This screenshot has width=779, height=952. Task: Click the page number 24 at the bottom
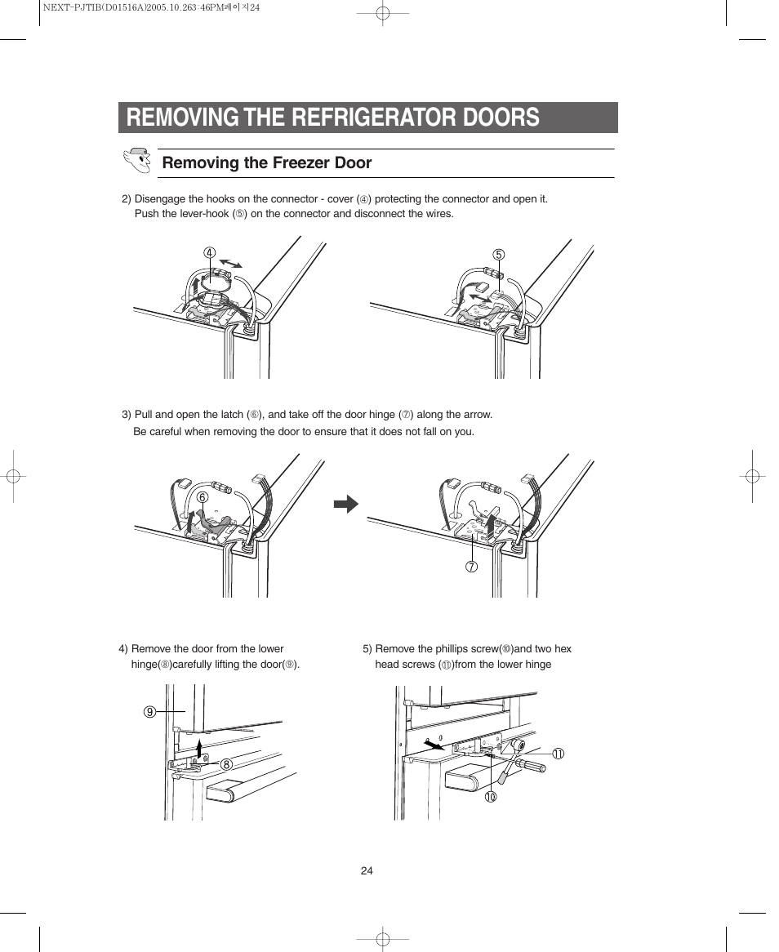tap(367, 870)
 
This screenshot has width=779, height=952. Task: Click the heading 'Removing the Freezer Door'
tap(266, 163)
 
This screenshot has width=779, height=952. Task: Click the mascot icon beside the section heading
tap(137, 161)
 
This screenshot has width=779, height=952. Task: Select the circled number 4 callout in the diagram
tap(209, 252)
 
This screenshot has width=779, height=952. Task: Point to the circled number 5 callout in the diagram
tap(499, 255)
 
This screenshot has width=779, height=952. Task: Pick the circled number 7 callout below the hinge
tap(472, 567)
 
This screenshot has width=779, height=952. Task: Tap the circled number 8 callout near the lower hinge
tap(225, 764)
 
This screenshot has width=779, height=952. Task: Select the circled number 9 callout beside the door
tap(149, 712)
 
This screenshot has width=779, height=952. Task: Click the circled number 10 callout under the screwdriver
tap(490, 797)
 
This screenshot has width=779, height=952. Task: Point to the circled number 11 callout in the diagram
tap(559, 754)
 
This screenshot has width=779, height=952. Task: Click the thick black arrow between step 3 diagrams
tap(346, 504)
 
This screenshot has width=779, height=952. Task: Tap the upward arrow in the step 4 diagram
tap(199, 745)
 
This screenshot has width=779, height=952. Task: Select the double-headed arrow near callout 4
tap(231, 262)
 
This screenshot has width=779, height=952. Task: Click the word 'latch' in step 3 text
tap(233, 415)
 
